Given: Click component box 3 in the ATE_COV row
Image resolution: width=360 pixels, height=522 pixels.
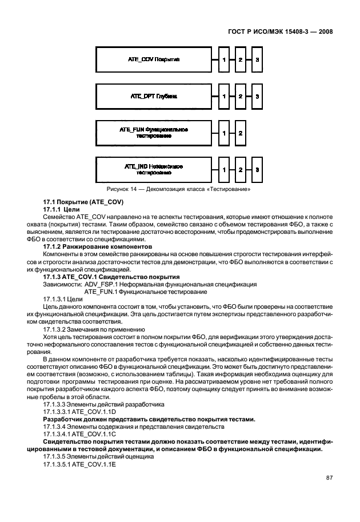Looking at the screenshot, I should [258, 60].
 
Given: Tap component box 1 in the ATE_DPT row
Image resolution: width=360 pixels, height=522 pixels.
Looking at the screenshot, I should [225, 97].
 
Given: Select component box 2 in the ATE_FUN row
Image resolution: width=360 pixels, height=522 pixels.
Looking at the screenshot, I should [241, 133].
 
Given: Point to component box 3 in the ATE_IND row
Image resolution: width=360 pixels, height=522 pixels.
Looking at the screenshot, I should [258, 170].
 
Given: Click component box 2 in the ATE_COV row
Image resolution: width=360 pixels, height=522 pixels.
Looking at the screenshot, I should [241, 60].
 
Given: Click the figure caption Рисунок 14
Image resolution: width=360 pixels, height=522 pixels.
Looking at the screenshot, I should [178, 189].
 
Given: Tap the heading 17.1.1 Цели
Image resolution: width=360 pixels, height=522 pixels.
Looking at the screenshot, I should [62, 210].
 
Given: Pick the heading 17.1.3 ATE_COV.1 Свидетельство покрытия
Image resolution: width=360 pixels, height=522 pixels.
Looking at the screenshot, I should [107, 277].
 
